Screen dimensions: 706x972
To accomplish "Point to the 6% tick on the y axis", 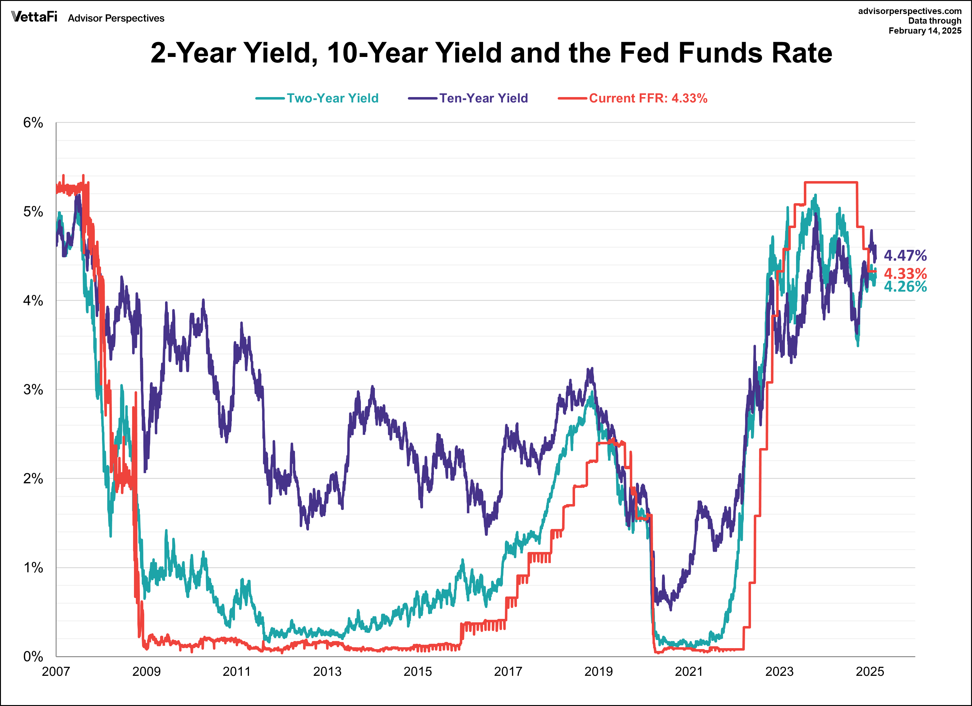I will tap(33, 123).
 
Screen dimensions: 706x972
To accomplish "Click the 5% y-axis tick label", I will tap(33, 212).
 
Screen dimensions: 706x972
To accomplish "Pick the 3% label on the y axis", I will tap(33, 390).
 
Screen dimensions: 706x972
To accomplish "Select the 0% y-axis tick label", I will tap(33, 657).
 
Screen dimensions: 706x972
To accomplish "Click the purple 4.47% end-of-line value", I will tap(905, 256).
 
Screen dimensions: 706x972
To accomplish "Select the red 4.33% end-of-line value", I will tap(905, 273).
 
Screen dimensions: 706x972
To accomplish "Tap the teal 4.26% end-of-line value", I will tap(905, 287).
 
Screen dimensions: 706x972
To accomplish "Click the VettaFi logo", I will tap(34, 17).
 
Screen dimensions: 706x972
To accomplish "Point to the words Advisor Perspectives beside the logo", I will tap(116, 18).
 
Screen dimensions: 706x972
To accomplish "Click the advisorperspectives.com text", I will tap(910, 11).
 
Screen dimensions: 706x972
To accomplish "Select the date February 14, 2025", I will tap(925, 31).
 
